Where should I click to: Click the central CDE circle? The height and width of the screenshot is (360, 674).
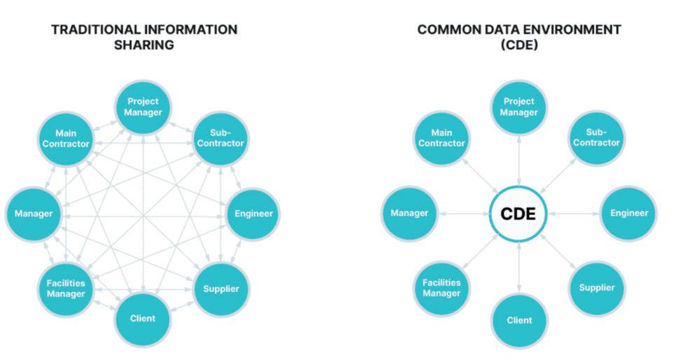518,214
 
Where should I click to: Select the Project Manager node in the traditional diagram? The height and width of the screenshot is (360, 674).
144,106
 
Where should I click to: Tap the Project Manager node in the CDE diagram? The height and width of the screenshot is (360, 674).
518,107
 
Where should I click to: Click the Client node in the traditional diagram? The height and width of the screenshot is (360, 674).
143,319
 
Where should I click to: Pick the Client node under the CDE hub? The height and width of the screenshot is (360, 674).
519,320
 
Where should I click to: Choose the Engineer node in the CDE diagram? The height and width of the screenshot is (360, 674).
628,213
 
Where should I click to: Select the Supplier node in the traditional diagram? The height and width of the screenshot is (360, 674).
221,289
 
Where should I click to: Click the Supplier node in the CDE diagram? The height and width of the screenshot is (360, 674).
596,287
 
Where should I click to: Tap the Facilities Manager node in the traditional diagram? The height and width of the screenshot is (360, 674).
65,289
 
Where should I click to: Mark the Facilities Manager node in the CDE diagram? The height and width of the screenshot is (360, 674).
441,288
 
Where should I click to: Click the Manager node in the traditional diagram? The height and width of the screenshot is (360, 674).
34,213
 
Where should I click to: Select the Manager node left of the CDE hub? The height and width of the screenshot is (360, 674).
409,213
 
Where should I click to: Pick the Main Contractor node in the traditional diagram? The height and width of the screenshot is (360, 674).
64,138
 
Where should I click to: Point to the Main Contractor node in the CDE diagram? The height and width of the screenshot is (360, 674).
441,137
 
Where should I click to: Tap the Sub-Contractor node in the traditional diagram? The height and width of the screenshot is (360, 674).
221,138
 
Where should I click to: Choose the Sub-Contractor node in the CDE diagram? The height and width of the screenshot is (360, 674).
596,137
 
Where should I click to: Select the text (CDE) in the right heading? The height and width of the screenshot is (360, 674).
518,46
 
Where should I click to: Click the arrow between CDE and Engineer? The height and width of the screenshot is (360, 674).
573,214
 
